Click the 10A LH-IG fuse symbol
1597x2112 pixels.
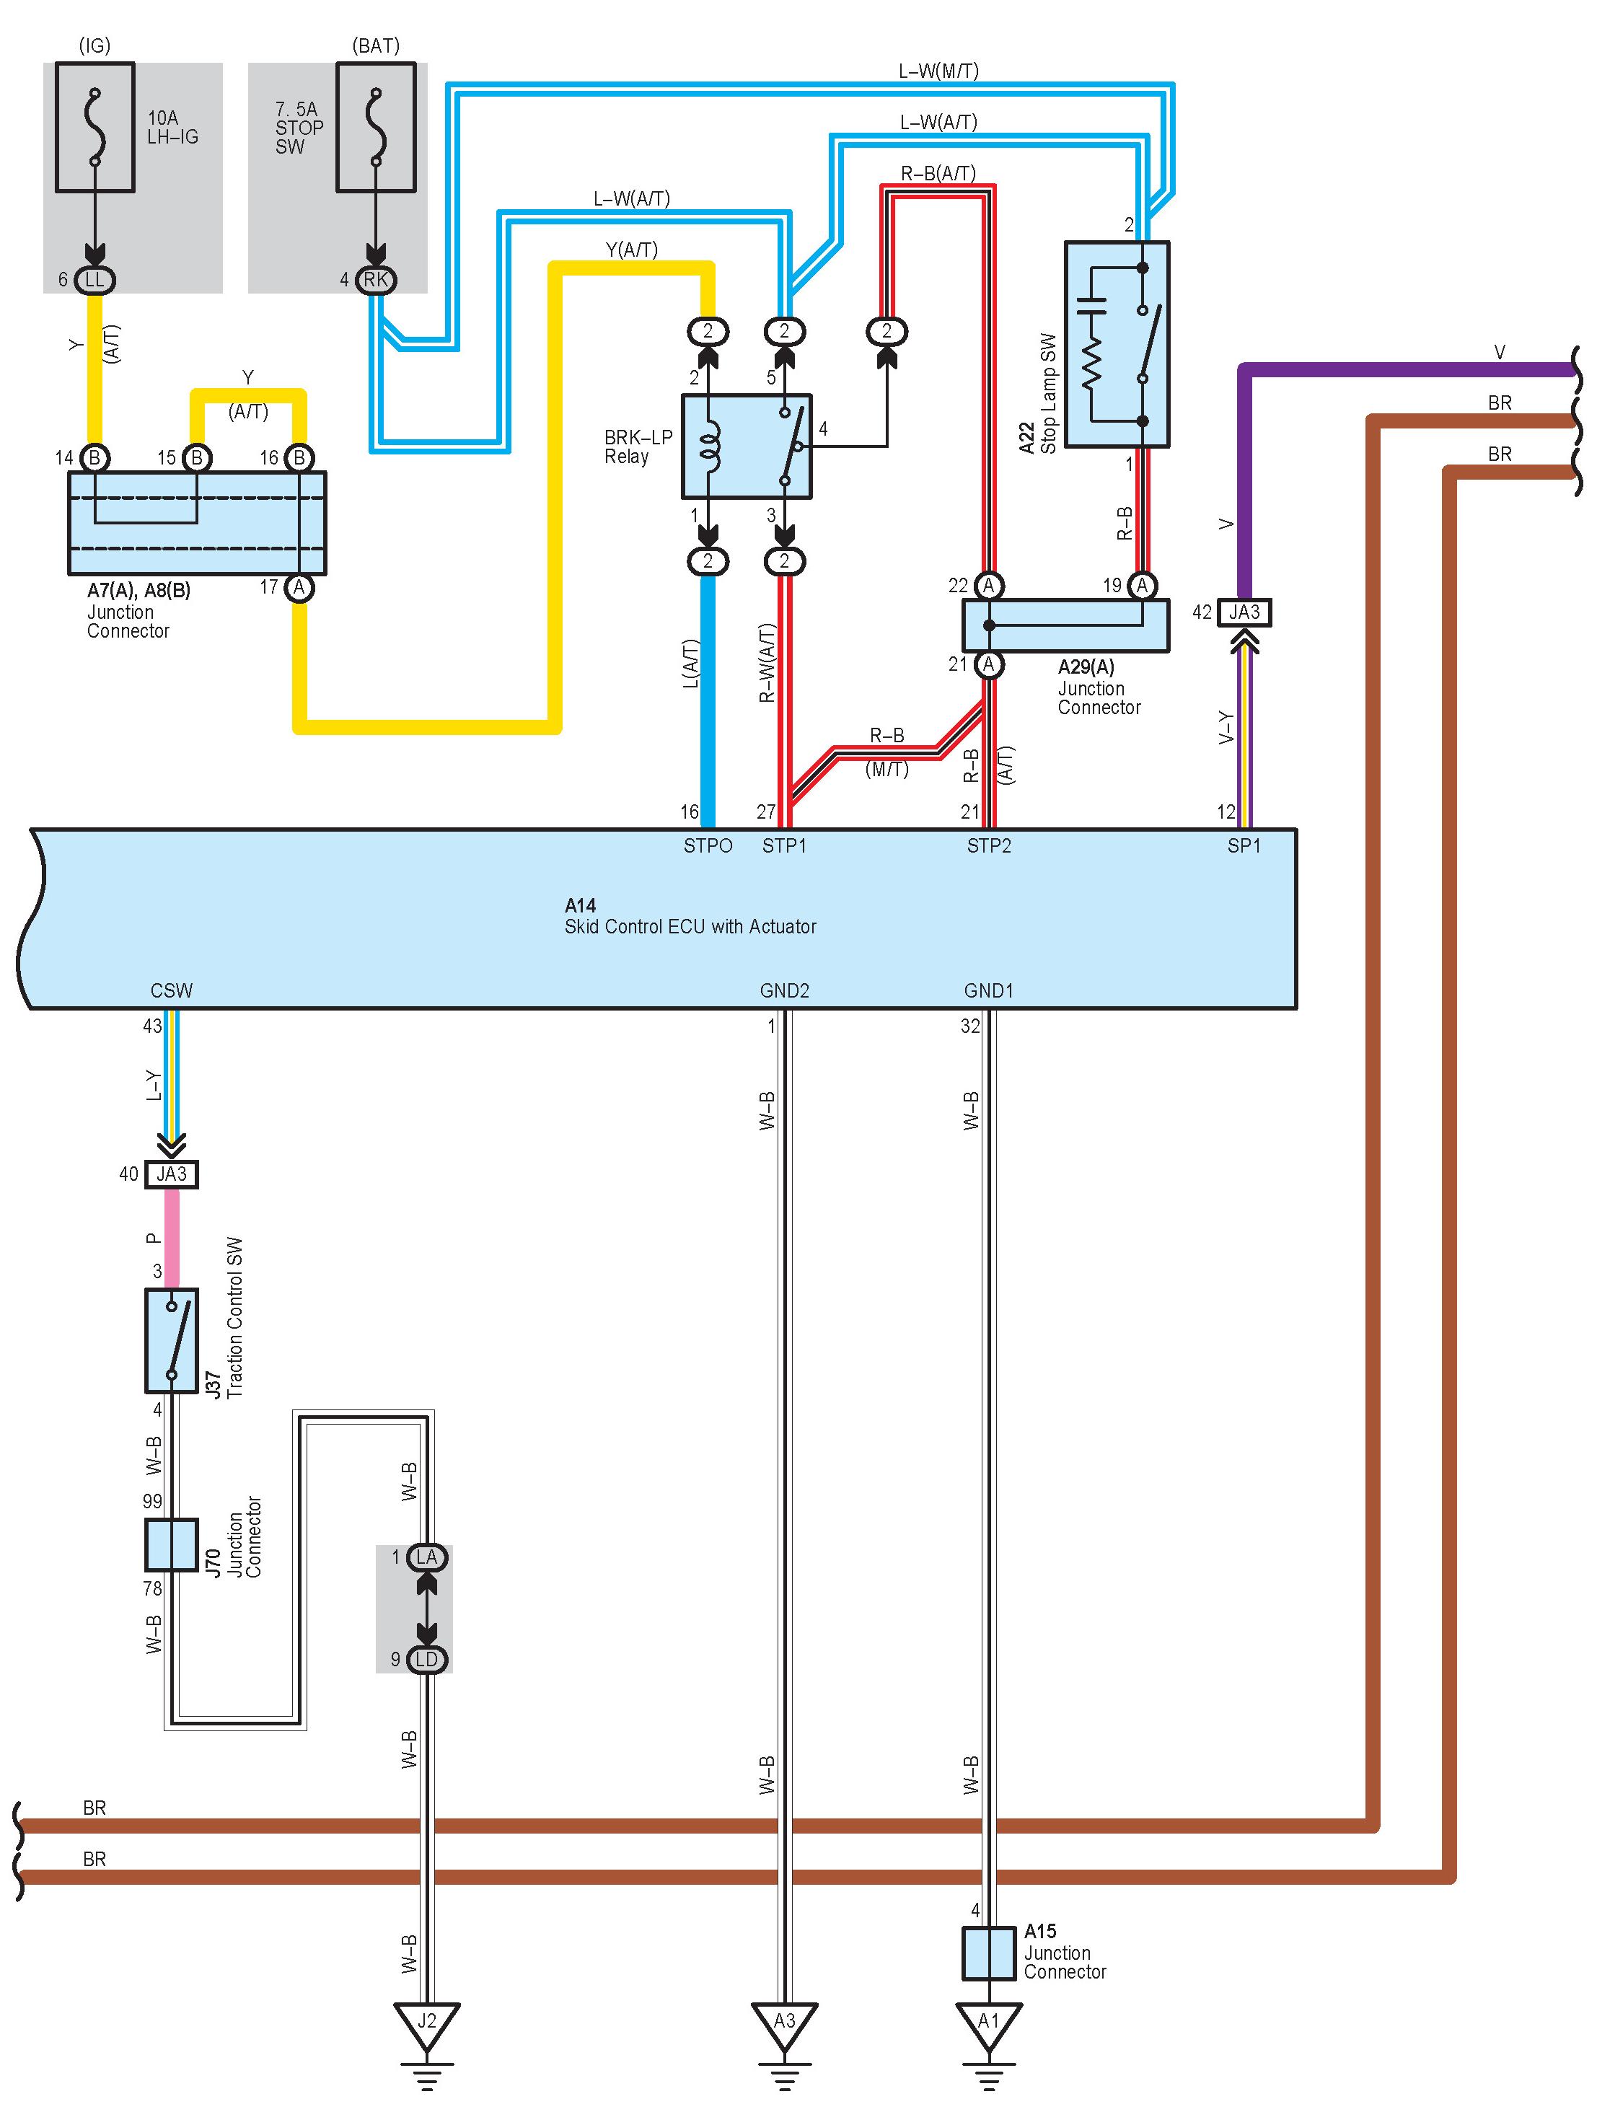pyautogui.click(x=94, y=127)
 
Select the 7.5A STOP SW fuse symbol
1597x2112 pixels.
pyautogui.click(x=376, y=127)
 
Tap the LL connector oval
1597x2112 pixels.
pyautogui.click(x=94, y=280)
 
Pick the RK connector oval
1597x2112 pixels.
pyautogui.click(x=376, y=280)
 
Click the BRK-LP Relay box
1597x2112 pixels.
pyautogui.click(x=747, y=446)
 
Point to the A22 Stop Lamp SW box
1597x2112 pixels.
pyautogui.click(x=1117, y=344)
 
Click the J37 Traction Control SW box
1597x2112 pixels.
pyautogui.click(x=172, y=1339)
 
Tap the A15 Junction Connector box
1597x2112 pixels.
pyautogui.click(x=988, y=1953)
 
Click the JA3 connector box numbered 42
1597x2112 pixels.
pyautogui.click(x=1244, y=612)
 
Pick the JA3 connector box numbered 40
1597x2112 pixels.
pyautogui.click(x=172, y=1174)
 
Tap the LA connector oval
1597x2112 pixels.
pyautogui.click(x=427, y=1557)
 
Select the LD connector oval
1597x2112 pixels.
pyautogui.click(x=427, y=1660)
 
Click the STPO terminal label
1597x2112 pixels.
pyautogui.click(x=708, y=846)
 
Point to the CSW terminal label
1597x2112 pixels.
pyautogui.click(x=172, y=991)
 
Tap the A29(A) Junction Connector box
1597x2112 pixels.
pyautogui.click(x=1065, y=625)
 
